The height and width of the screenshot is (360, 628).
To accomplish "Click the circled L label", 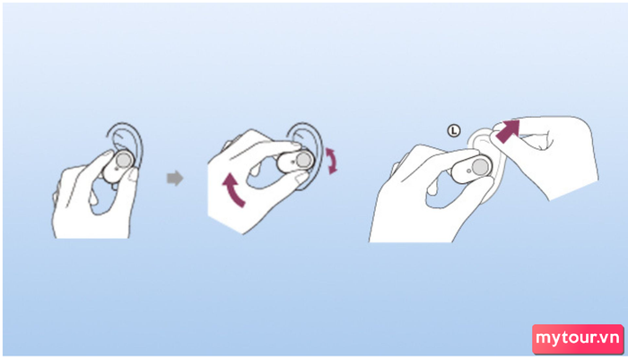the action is tap(454, 131).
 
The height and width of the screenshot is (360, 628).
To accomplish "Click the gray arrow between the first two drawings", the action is tap(175, 178).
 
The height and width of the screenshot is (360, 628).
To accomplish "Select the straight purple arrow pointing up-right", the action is tap(508, 131).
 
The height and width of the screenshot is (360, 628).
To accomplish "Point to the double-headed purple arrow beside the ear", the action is tap(332, 161).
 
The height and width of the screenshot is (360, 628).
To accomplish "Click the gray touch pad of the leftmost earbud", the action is tap(124, 161).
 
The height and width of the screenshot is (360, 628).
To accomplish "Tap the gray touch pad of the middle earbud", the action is tap(304, 161).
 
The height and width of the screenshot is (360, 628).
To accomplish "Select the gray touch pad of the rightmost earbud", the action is tap(480, 167).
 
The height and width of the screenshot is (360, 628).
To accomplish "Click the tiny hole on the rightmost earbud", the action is tap(469, 171).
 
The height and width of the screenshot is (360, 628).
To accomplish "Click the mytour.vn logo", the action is tap(578, 338).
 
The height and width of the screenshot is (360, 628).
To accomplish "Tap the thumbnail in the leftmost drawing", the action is tap(133, 175).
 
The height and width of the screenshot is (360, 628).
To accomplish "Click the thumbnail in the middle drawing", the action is tap(300, 177).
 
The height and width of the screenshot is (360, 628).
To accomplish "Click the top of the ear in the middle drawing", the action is tap(305, 124).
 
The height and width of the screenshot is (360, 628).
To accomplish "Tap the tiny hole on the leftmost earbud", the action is tap(116, 169).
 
